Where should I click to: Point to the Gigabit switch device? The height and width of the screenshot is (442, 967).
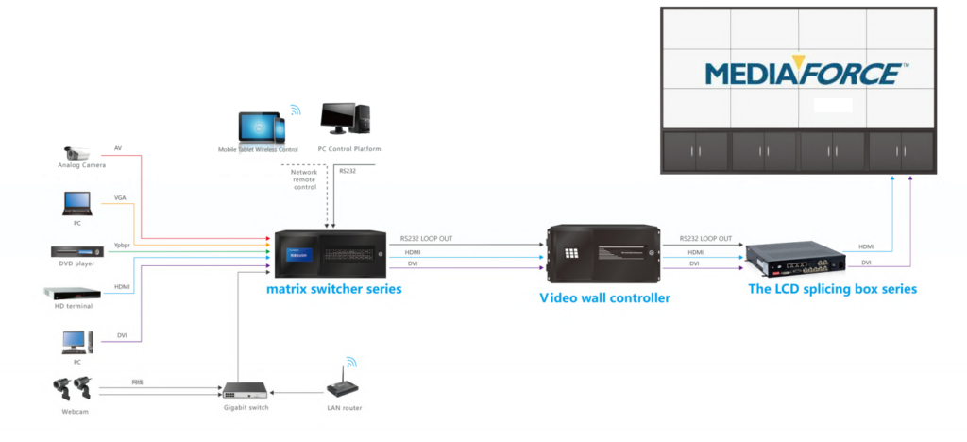tap(245, 390)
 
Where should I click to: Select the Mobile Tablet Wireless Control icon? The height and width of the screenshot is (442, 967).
tap(260, 127)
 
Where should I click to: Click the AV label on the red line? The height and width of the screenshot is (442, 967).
tap(118, 148)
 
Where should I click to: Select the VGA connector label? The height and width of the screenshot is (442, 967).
tap(120, 197)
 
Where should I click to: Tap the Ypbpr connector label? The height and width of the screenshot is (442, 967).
tap(122, 245)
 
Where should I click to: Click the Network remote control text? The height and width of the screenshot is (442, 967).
tap(304, 179)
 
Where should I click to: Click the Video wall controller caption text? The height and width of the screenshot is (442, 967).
tap(604, 297)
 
